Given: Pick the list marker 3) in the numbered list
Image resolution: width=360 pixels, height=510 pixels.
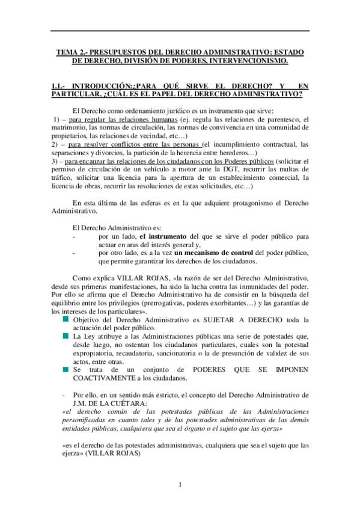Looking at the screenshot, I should tap(55, 162).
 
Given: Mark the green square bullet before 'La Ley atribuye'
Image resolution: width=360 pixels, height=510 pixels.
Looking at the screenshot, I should tap(66, 336).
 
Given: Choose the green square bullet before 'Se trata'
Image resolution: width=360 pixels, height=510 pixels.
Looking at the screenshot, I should tap(66, 370).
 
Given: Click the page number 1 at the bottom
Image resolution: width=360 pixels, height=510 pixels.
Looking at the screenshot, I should tap(180, 485).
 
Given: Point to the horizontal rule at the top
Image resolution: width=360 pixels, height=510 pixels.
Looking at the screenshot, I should tap(180, 31).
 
